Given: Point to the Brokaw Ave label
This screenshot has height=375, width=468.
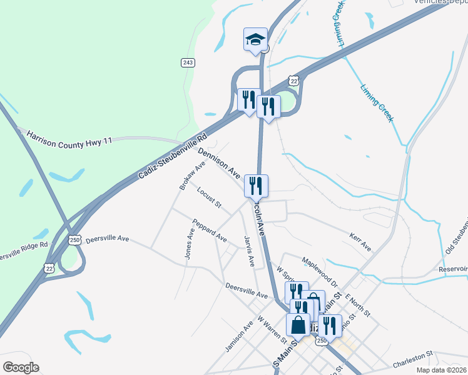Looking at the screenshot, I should pos(192,176).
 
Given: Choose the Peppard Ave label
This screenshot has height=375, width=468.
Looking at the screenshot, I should pos(210,230).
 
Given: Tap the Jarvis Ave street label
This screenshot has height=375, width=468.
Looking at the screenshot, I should pos(249,251).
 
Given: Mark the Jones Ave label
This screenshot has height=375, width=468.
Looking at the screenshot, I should pos(189,243).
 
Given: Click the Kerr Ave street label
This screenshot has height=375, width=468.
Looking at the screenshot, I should pos(360,244).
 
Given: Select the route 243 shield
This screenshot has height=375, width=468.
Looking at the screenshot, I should pos(188,62).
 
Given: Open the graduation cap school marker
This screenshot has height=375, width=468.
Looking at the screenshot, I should pos(255,40).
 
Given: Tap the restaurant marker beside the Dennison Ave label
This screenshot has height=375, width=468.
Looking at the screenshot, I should pos(256,186).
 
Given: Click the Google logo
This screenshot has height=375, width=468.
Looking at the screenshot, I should pos(21,367).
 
